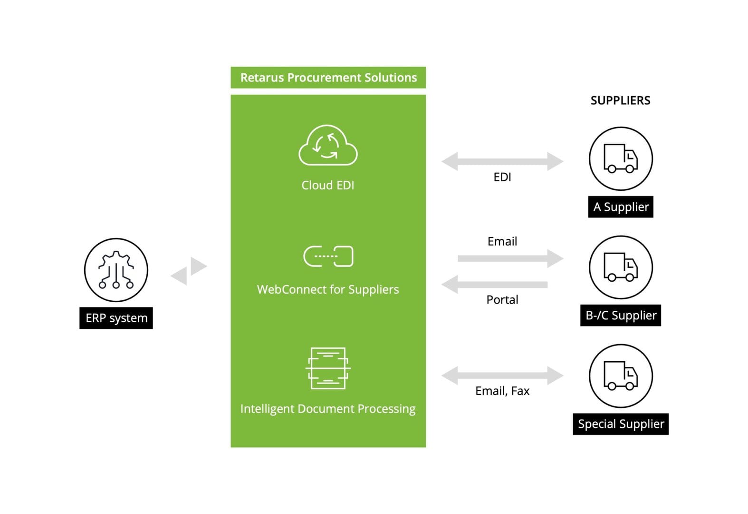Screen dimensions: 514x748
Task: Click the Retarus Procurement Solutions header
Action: pyautogui.click(x=328, y=78)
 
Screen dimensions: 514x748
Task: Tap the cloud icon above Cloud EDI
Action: pyautogui.click(x=328, y=146)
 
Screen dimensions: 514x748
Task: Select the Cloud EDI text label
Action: pyautogui.click(x=328, y=185)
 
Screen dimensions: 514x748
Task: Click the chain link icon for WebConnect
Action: pyautogui.click(x=328, y=257)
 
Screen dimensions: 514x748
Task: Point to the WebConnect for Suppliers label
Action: pyautogui.click(x=328, y=289)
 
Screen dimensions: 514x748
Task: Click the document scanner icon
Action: pyautogui.click(x=328, y=368)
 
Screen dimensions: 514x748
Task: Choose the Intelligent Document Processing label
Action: pyautogui.click(x=328, y=409)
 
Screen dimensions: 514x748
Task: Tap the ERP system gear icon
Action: pyautogui.click(x=116, y=270)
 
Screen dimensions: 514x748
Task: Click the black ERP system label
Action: pyautogui.click(x=116, y=318)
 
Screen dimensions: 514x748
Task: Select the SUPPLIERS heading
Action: pyautogui.click(x=620, y=100)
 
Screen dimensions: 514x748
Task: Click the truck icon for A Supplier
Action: pyautogui.click(x=621, y=158)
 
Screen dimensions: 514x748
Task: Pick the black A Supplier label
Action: pyautogui.click(x=621, y=207)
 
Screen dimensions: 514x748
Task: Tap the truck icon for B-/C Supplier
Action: pyautogui.click(x=621, y=267)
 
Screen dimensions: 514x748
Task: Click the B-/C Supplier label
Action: pyautogui.click(x=621, y=316)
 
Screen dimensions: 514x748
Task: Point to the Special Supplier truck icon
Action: pyautogui.click(x=621, y=376)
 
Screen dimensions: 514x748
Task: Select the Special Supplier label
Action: pyautogui.click(x=621, y=424)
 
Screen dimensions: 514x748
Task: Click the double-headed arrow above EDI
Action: pyautogui.click(x=502, y=161)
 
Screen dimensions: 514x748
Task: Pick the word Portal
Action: pyautogui.click(x=502, y=300)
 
